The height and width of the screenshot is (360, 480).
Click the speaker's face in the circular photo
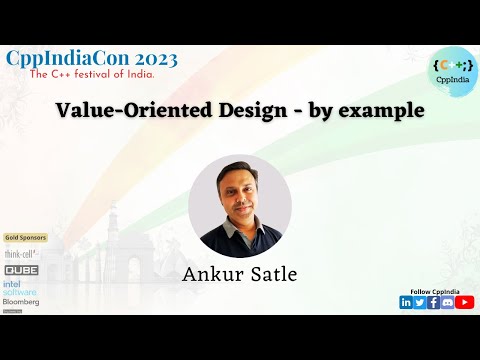tap(239, 195)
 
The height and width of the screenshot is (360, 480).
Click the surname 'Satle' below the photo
tap(271, 273)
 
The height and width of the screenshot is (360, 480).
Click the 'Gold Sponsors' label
tap(24, 238)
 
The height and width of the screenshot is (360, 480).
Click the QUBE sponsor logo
tap(21, 270)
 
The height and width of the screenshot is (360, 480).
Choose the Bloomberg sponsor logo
tap(21, 300)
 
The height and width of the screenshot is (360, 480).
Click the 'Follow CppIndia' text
tap(436, 291)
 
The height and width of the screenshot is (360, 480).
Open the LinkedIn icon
tap(406, 303)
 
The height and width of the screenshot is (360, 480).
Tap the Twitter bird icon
tap(420, 303)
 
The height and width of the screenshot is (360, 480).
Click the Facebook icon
tap(434, 303)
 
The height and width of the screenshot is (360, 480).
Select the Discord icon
tap(448, 303)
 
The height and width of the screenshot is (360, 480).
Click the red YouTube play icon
tap(465, 303)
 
